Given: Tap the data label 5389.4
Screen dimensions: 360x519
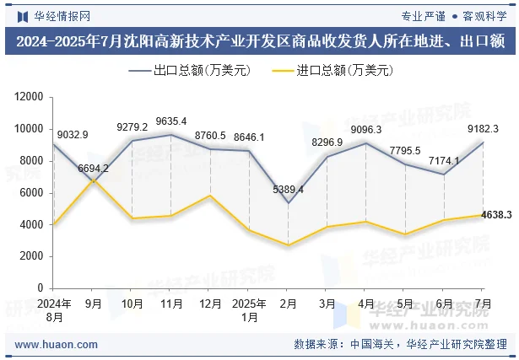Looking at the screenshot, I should (288, 189).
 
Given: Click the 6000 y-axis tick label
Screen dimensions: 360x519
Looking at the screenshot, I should (31, 193).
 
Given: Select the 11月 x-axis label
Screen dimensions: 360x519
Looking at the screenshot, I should (171, 304).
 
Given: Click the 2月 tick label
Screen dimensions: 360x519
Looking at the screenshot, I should (288, 304).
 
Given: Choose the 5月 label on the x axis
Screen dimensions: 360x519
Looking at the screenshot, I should (405, 304).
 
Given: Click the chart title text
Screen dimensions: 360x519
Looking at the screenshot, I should (259, 41).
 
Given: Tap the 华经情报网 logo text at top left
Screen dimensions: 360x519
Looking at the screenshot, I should (52, 15).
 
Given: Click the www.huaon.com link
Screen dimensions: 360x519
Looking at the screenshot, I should (57, 345).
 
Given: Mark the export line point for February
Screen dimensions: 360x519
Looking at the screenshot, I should (288, 203).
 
